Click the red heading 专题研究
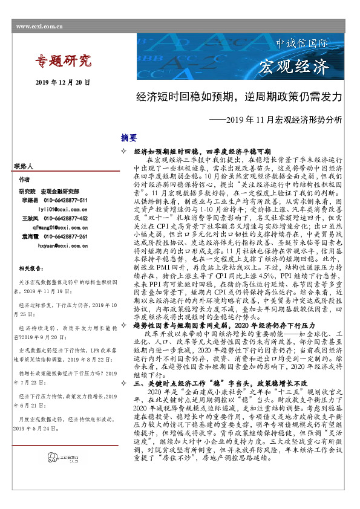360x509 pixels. click(x=62, y=61)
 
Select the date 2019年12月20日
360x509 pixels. click(x=63, y=82)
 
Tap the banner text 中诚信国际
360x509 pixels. click(x=302, y=45)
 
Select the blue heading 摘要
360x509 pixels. click(x=129, y=138)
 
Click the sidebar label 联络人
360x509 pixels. click(x=25, y=165)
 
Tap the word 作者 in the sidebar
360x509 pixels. click(x=24, y=180)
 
